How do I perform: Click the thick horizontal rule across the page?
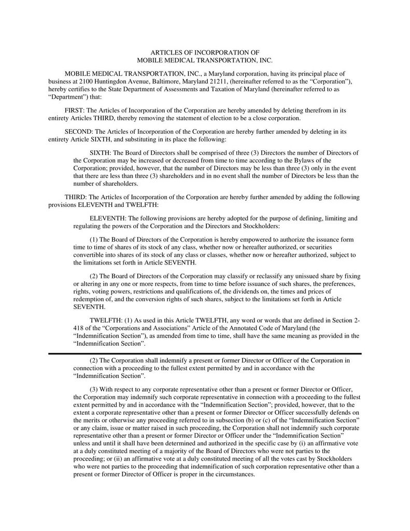[x=205, y=353]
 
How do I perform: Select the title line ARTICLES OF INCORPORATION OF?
[x=205, y=53]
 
